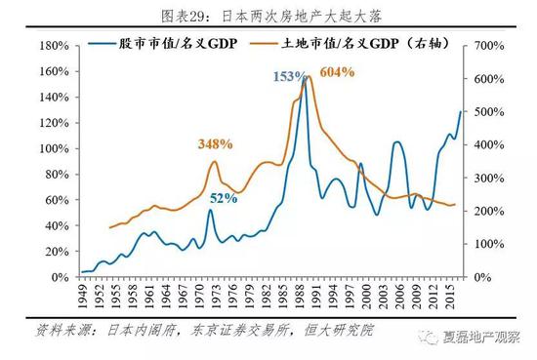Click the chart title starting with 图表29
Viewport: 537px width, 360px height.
[x=268, y=13]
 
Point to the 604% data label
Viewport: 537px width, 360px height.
[x=337, y=71]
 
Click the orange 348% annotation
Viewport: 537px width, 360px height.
[x=215, y=143]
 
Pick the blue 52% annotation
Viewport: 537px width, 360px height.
[x=223, y=198]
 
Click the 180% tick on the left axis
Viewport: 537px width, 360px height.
[x=54, y=46]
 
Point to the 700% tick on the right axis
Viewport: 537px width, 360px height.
[x=488, y=46]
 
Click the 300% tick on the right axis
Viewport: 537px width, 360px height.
[x=488, y=178]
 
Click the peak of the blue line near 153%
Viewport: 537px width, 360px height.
[x=304, y=79]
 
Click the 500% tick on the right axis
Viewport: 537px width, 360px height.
[x=488, y=112]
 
